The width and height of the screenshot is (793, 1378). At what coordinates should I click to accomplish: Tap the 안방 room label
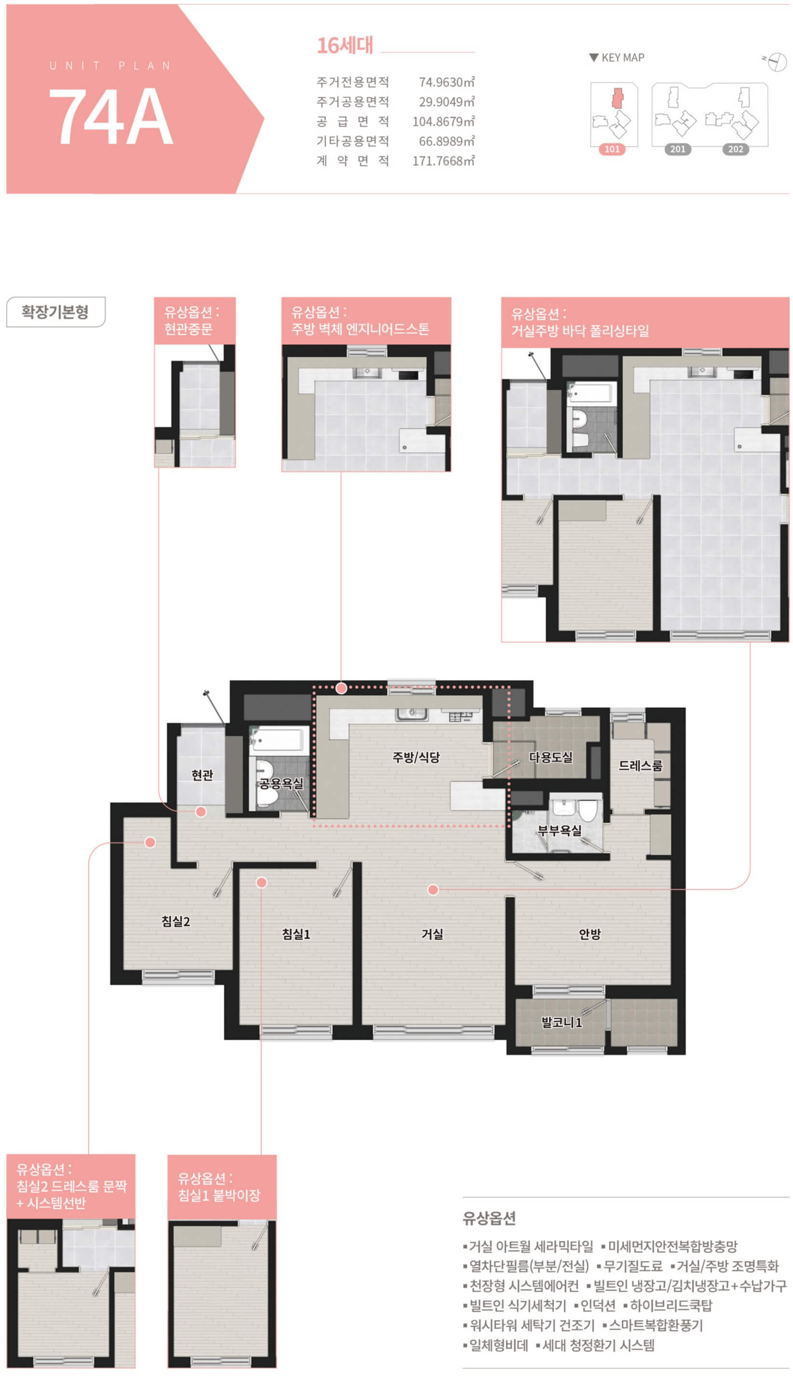click(590, 934)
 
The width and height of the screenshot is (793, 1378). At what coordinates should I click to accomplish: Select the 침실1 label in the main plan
click(296, 934)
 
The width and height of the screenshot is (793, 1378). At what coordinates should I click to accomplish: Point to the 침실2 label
click(176, 921)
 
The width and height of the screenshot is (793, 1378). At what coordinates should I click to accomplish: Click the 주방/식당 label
click(416, 757)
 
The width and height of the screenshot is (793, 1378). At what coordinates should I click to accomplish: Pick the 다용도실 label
click(551, 757)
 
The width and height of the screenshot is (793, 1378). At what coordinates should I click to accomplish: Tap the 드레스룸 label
click(641, 765)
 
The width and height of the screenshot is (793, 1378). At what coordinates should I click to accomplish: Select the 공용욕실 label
click(281, 783)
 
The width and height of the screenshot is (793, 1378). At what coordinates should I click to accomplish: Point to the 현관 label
click(202, 774)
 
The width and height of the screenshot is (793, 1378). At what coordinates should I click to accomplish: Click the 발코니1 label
click(561, 1022)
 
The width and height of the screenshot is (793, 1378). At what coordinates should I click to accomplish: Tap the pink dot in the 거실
click(433, 889)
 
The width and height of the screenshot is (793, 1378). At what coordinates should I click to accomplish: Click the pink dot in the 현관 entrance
click(201, 812)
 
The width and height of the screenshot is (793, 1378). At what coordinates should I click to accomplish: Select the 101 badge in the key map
click(612, 149)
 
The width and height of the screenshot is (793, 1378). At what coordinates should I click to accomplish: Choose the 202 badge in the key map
click(736, 149)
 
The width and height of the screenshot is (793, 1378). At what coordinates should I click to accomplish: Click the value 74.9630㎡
click(447, 82)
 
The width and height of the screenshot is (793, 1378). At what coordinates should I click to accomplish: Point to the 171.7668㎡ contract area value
click(443, 161)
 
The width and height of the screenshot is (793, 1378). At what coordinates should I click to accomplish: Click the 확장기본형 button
click(55, 312)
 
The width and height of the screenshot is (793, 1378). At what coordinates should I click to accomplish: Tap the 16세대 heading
click(345, 45)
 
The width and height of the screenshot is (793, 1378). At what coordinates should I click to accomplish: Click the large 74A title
click(111, 116)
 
